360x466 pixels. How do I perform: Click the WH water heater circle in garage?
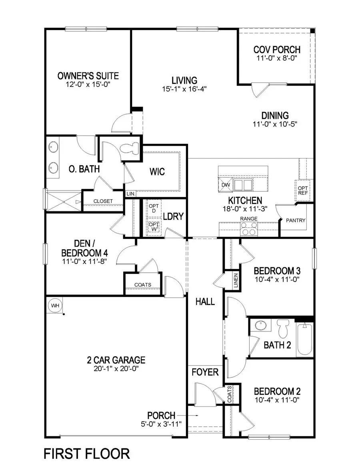pyautogui.click(x=55, y=306)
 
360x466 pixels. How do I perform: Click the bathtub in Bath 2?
pyautogui.click(x=305, y=340)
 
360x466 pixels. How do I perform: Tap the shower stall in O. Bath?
pyautogui.click(x=63, y=200)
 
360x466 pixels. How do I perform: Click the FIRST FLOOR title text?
pyautogui.click(x=86, y=454)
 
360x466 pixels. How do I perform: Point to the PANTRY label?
pyautogui.click(x=296, y=221)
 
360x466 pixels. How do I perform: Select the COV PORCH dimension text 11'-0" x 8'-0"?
pyautogui.click(x=277, y=58)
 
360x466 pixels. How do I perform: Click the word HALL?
pyautogui.click(x=205, y=301)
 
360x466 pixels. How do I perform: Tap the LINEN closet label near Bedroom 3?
pyautogui.click(x=236, y=281)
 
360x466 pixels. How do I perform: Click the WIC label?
pyautogui.click(x=157, y=172)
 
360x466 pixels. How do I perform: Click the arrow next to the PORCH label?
pyautogui.click(x=192, y=416)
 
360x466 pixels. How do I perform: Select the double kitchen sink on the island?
pyautogui.click(x=243, y=185)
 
